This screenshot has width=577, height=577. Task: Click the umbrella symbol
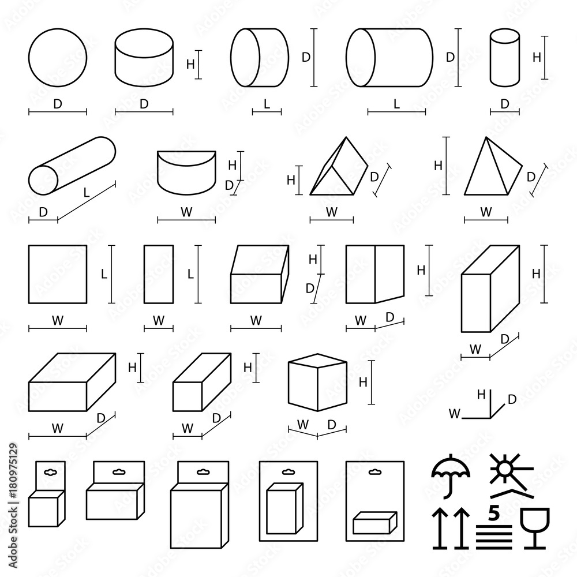tap(451, 473)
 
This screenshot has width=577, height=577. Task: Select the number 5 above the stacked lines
tap(493, 512)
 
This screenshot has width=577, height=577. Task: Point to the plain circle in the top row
tap(58, 58)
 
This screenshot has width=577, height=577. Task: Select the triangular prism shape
tap(338, 167)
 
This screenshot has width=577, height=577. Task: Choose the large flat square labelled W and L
tap(58, 274)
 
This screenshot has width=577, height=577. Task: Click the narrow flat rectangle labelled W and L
tap(159, 274)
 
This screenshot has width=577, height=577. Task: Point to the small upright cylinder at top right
tap(505, 58)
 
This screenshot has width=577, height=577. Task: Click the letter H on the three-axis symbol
tap(480, 395)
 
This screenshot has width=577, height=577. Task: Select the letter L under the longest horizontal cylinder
tap(396, 104)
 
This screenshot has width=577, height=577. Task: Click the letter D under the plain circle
tap(57, 104)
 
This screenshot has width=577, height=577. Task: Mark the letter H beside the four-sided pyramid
tap(439, 165)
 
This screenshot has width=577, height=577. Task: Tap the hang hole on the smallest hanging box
tap(50, 471)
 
